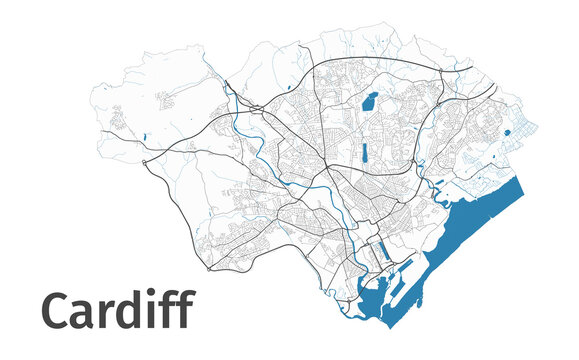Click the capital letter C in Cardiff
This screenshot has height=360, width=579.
(56, 311)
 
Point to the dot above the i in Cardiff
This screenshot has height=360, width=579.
(151, 293)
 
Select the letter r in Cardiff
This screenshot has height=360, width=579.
(104, 315)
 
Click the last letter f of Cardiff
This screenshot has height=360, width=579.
(184, 310)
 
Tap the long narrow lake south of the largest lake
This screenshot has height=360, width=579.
(364, 153)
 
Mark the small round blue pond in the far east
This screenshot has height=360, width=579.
(507, 131)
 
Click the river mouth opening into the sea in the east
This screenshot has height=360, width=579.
(436, 185)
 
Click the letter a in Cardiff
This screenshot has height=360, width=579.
(83, 315)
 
